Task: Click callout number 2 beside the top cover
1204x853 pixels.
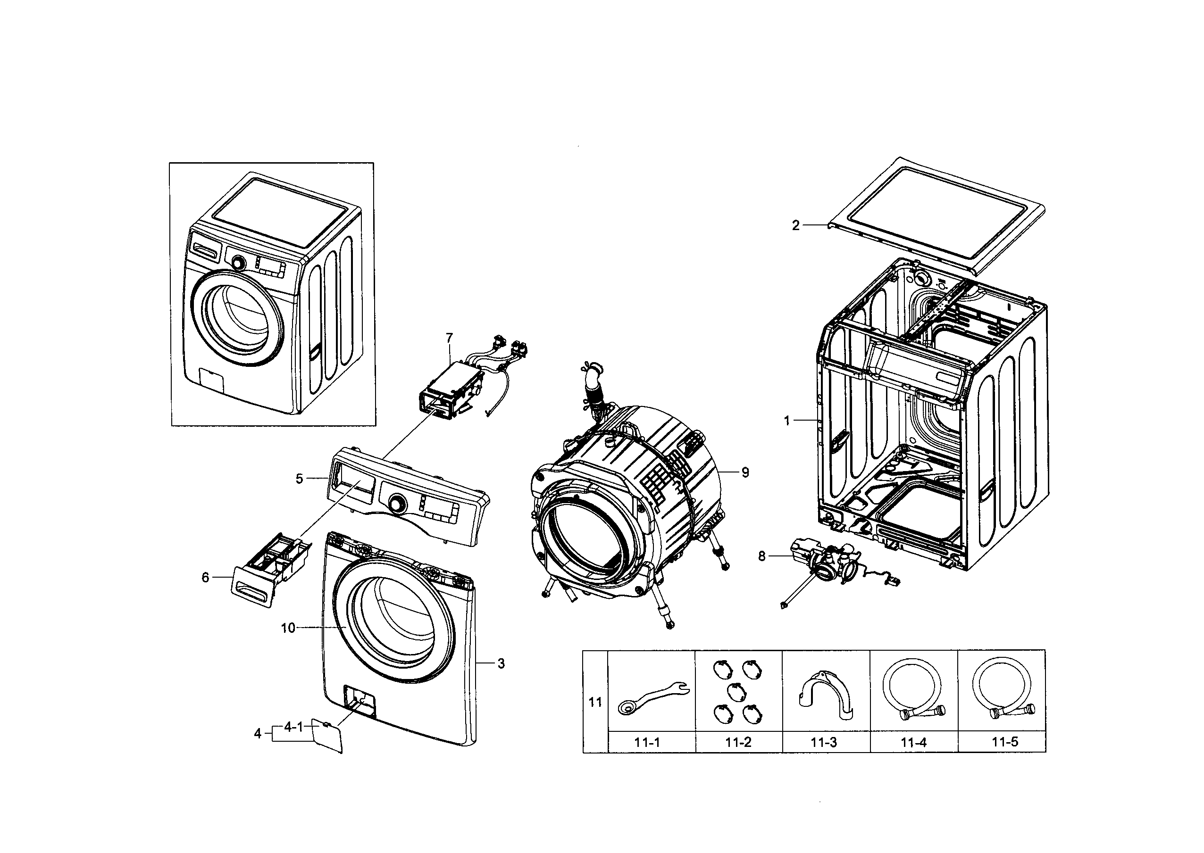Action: tap(795, 225)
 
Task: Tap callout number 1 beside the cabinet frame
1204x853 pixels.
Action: tap(787, 421)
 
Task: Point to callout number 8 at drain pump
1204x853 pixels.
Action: tap(761, 556)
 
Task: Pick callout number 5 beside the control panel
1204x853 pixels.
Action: tap(299, 479)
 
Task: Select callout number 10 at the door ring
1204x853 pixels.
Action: tap(288, 628)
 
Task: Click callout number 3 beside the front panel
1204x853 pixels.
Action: tap(501, 663)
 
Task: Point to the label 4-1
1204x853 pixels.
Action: tap(293, 727)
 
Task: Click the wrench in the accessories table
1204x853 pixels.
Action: tap(652, 697)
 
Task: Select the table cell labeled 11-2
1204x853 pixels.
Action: tap(738, 742)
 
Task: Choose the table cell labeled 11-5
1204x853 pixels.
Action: tap(1004, 742)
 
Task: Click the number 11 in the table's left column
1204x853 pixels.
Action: tap(595, 702)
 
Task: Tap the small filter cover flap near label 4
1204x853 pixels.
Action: tap(327, 737)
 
